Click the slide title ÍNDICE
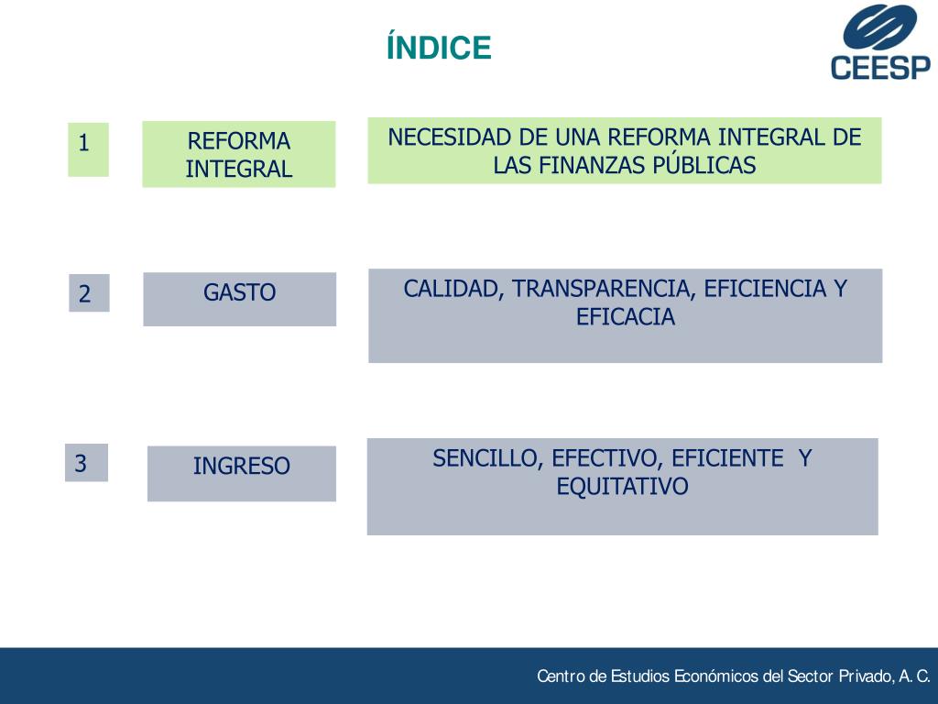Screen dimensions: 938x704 point(439,48)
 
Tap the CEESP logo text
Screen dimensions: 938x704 point(880,68)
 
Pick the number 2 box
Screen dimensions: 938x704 point(88,293)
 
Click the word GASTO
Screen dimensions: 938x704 point(239,293)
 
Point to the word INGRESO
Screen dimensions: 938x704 point(241,466)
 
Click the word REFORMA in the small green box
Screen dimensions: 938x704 point(238,141)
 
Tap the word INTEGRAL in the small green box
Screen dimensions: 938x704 point(238,169)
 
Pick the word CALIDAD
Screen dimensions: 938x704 point(453,289)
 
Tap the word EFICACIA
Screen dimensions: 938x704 point(625,317)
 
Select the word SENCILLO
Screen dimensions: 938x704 point(488,458)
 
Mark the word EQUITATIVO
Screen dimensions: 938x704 point(622,486)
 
